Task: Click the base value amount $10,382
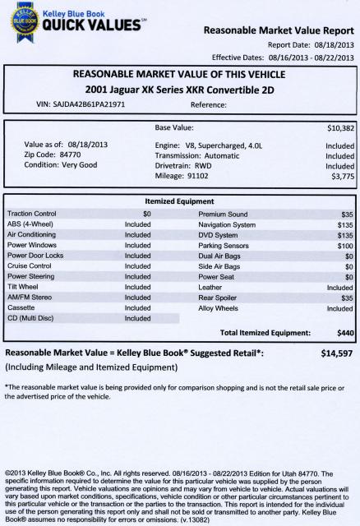pyautogui.click(x=339, y=129)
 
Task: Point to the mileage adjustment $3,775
pyautogui.click(x=341, y=176)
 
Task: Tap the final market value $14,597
pyautogui.click(x=337, y=353)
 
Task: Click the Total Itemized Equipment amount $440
pyautogui.click(x=344, y=332)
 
